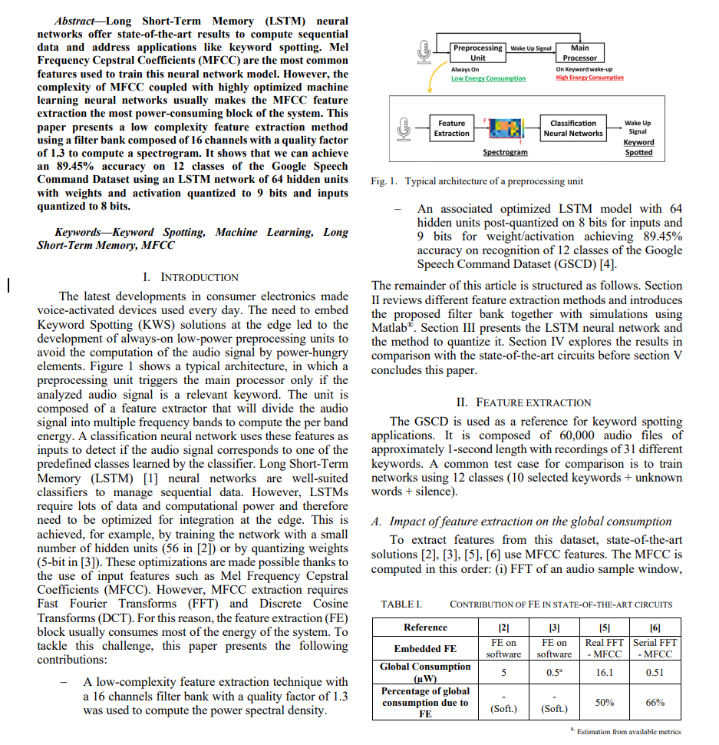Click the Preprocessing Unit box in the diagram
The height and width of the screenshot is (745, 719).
point(477,52)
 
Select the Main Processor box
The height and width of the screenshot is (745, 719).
point(579,52)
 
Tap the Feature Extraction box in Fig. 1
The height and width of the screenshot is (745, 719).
point(451,128)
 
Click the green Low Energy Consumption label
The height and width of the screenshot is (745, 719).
point(488,78)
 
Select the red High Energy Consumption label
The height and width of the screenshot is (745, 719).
point(589,78)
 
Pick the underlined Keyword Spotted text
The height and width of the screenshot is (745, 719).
point(638,147)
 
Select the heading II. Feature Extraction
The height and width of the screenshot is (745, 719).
point(524,402)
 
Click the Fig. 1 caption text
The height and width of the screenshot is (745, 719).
point(477,181)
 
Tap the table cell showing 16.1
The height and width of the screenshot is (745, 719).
point(605,672)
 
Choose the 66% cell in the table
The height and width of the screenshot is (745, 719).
point(655,702)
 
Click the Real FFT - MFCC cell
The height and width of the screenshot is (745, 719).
point(605,647)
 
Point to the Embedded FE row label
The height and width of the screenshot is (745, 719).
point(425,648)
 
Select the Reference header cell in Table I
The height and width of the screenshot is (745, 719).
point(425,627)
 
